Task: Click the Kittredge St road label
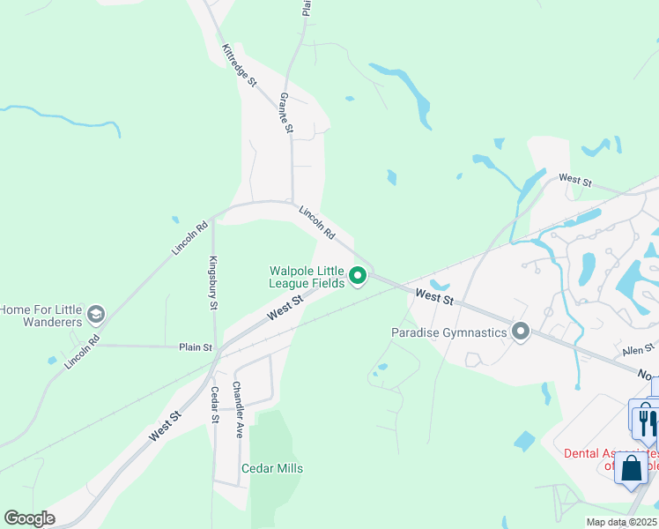click(x=239, y=66)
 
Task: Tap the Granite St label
click(x=285, y=113)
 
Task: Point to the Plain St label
click(x=196, y=347)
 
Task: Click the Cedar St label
click(x=214, y=405)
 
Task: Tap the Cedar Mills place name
click(x=272, y=468)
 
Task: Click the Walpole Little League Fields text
click(x=306, y=277)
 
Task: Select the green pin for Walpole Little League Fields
click(x=358, y=277)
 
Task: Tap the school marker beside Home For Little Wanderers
click(x=95, y=315)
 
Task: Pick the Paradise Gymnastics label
click(x=449, y=332)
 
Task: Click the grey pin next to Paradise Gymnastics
click(x=521, y=332)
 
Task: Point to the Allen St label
click(x=638, y=350)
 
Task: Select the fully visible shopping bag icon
click(x=632, y=467)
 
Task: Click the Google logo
click(x=30, y=518)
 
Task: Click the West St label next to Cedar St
click(x=165, y=425)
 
